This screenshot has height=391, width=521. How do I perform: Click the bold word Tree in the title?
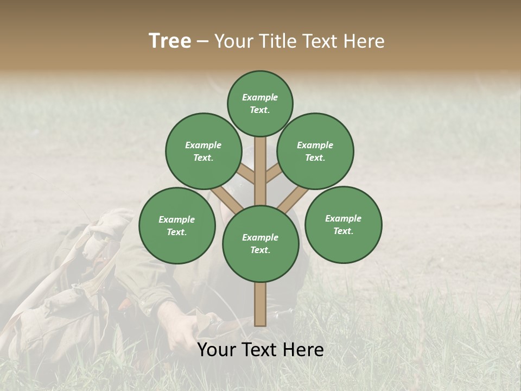(170, 41)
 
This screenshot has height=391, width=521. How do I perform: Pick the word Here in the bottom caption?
(303, 350)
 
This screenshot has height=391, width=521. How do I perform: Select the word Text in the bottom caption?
(261, 350)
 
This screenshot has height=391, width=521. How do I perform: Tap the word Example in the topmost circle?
(260, 97)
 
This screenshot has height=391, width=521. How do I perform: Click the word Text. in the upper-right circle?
(315, 158)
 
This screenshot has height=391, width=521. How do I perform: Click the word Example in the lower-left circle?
(177, 219)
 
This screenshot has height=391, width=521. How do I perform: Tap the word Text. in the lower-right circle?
(344, 231)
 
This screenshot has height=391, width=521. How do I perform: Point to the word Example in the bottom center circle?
(260, 237)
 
